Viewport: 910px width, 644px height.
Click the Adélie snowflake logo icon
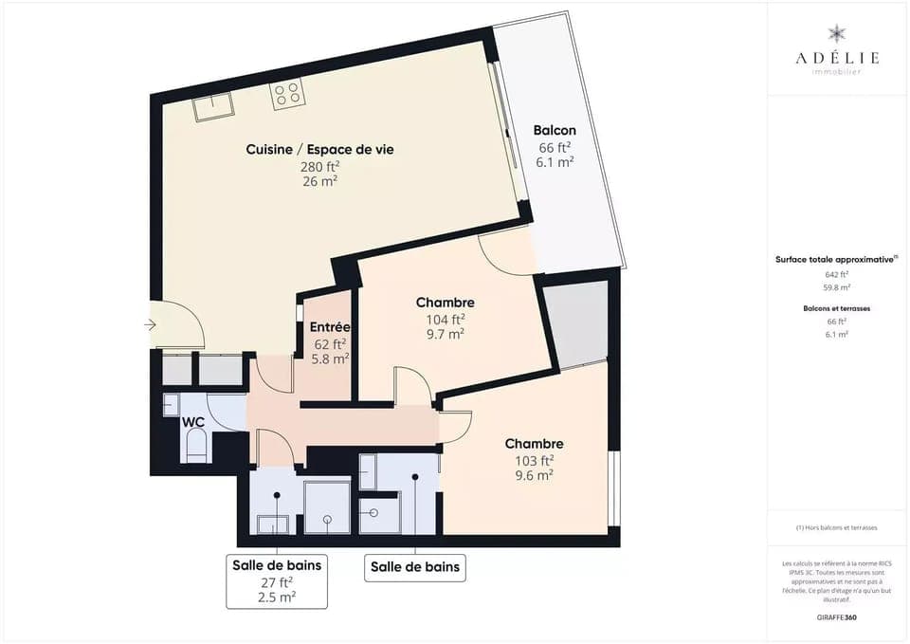tap(836, 34)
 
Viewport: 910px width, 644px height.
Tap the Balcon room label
tap(555, 131)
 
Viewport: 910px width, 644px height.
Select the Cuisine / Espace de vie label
tap(319, 149)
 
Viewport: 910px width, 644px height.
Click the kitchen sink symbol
tap(213, 107)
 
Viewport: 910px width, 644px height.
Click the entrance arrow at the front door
tap(151, 325)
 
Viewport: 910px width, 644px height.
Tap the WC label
tap(194, 422)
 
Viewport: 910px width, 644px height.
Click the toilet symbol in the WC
tap(196, 446)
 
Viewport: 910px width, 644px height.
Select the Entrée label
tap(330, 327)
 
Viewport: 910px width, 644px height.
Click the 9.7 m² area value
tap(445, 334)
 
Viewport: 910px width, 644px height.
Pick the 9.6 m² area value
tap(534, 476)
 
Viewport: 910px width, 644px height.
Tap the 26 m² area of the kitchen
tap(319, 180)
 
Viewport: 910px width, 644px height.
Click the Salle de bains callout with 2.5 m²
tap(277, 580)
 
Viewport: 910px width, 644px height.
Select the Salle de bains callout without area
tap(415, 567)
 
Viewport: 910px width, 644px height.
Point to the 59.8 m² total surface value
tap(836, 286)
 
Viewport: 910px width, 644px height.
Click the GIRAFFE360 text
tap(836, 616)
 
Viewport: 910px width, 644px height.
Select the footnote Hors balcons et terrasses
tap(836, 527)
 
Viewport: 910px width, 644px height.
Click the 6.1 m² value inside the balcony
tap(555, 162)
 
